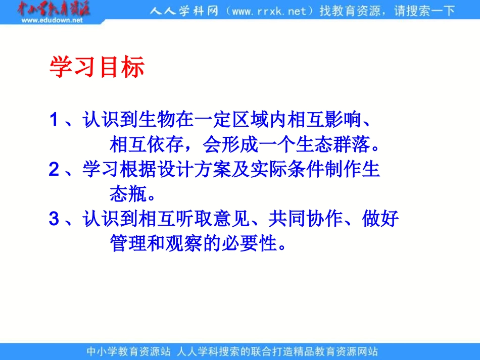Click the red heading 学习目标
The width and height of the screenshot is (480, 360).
point(97,67)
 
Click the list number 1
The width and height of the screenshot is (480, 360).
point(54,121)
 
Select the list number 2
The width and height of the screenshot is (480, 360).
point(54,170)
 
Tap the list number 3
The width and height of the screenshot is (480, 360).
point(54,219)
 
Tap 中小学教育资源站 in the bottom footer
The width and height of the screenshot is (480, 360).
point(129,351)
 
